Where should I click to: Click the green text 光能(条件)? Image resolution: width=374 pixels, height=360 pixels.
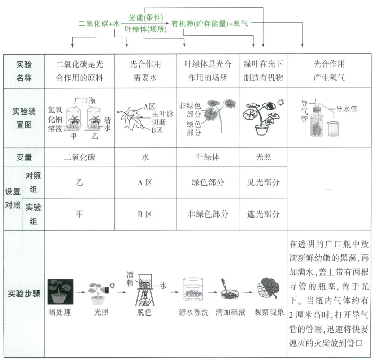click(146, 17)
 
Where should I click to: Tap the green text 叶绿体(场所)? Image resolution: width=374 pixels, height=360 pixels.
click(146, 29)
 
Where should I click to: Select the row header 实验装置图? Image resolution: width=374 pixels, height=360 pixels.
click(24, 118)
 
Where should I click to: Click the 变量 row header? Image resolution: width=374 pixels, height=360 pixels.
click(24, 157)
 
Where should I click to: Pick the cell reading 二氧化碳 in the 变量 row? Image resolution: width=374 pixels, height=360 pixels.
click(79, 157)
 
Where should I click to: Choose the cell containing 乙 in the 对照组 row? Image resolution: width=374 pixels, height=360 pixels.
click(79, 182)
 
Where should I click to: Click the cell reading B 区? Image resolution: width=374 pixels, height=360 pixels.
click(145, 214)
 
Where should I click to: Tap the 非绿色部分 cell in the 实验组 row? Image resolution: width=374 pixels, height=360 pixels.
click(208, 214)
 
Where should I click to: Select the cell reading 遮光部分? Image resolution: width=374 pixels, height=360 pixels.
click(263, 214)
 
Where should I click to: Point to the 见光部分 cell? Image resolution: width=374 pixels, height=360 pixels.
click(263, 182)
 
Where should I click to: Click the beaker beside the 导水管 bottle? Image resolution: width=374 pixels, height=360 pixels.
click(334, 129)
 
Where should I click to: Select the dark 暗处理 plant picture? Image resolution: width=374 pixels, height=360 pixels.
click(60, 292)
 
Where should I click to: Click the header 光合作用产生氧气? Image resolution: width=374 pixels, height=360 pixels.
click(329, 71)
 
